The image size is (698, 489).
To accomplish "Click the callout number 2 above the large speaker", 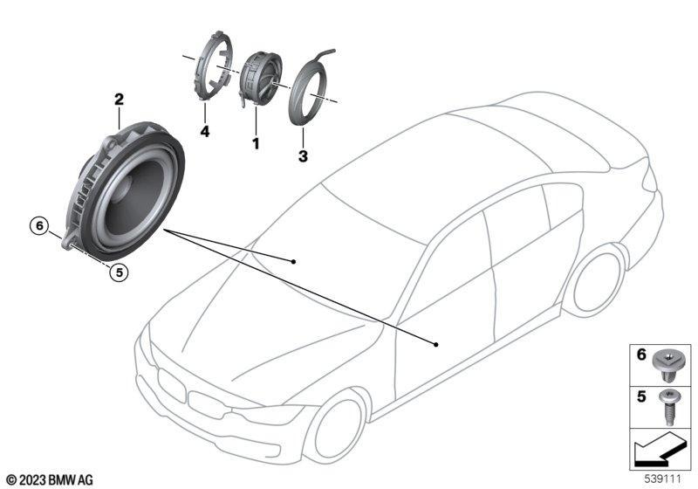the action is point(119,100).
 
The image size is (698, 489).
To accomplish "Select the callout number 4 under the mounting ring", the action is point(205,131).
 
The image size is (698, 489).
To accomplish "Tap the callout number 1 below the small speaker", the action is point(256,144).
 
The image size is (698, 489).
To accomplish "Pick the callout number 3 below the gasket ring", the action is point(303,156).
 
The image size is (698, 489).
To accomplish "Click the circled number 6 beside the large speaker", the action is point(39,226).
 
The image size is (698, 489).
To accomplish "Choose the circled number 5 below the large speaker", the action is point(119,272).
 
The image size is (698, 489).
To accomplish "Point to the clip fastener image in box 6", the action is point(667,365).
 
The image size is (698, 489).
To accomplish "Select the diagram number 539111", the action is point(663,479).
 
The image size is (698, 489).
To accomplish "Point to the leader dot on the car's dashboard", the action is point(293,261).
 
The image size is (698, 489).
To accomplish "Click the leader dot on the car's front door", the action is point(436,344).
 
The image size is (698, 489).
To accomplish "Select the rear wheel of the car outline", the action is point(597,280).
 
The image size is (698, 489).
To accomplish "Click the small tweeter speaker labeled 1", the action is point(260,79).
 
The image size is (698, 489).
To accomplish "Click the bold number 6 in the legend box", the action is point(641,355).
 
